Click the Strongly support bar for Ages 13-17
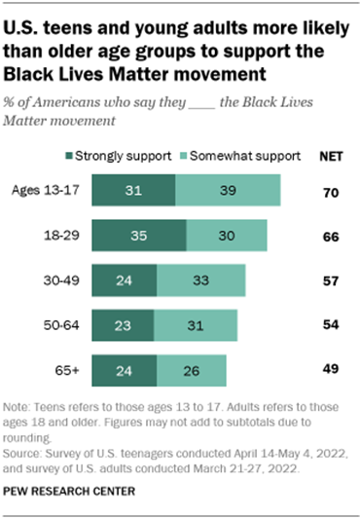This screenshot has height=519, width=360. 133,192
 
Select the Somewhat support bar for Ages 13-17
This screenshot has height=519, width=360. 228,192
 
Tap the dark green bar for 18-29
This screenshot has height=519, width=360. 138,237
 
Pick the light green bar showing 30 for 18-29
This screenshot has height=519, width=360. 227,237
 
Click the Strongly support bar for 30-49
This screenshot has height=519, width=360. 124,280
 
